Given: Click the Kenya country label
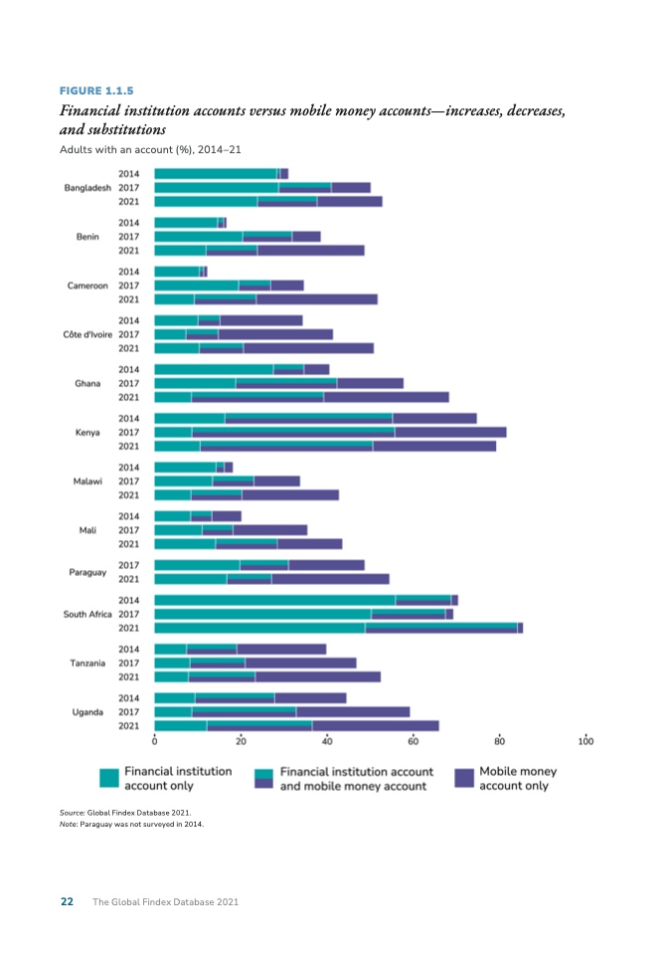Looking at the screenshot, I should click(87, 433).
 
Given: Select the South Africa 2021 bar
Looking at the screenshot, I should click(338, 628).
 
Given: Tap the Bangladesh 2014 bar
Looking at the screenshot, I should click(221, 174).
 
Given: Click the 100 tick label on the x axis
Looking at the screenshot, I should click(585, 741).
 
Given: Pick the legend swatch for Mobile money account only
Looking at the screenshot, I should click(464, 778).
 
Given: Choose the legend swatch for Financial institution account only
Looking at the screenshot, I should click(109, 778).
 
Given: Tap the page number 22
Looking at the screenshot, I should click(67, 901).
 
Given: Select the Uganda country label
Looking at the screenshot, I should click(87, 712).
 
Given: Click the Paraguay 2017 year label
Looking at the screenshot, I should click(128, 565).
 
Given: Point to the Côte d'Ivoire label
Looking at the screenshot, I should click(87, 334).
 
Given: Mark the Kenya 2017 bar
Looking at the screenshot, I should click(330, 433).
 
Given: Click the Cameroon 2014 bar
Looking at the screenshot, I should click(180, 272).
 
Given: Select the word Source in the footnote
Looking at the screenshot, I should click(73, 813).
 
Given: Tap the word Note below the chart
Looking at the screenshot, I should click(70, 824).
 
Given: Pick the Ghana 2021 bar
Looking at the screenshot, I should click(301, 397).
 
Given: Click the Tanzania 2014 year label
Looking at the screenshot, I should click(128, 650).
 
